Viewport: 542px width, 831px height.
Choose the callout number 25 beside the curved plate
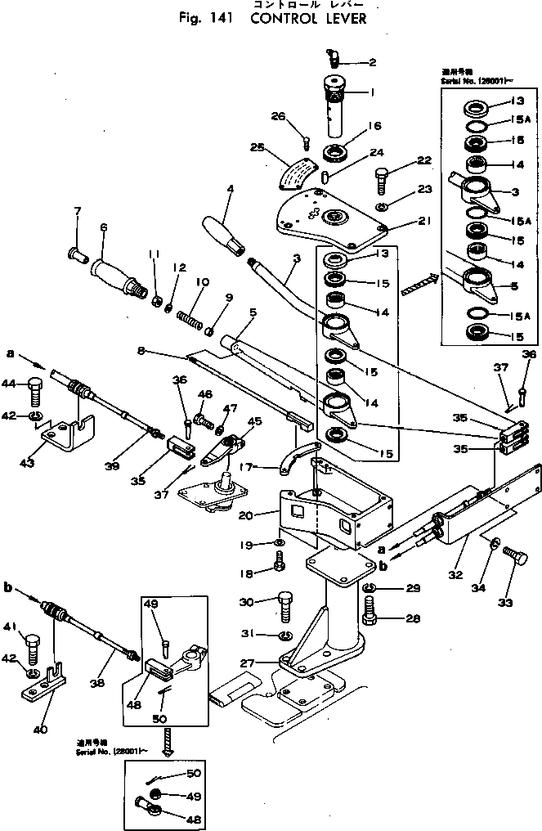click(258, 148)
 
